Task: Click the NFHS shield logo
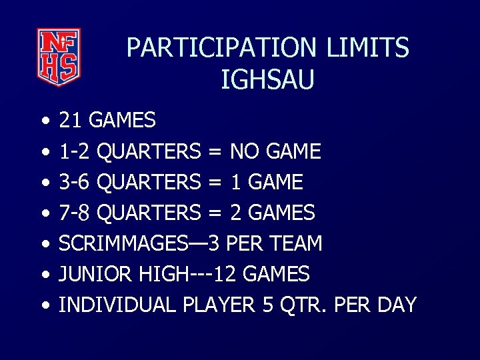click(59, 57)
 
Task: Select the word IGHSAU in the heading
click(267, 80)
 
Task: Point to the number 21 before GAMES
click(71, 121)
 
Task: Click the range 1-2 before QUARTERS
click(75, 151)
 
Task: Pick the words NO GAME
click(275, 151)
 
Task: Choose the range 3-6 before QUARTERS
click(75, 182)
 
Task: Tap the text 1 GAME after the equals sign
click(267, 182)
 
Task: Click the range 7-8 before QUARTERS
click(75, 213)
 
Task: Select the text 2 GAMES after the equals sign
click(273, 213)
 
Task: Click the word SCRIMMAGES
click(124, 243)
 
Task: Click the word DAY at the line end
click(396, 305)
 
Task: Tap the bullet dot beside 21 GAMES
click(43, 122)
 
